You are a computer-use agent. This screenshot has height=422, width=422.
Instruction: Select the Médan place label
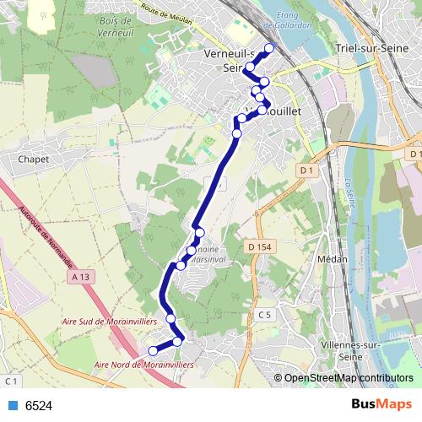333,259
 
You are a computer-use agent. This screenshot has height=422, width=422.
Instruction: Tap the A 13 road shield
81,276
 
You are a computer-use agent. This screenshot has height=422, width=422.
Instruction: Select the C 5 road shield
265,315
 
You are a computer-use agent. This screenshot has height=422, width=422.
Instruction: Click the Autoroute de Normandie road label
42,233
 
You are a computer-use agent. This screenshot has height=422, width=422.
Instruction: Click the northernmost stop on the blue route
270,47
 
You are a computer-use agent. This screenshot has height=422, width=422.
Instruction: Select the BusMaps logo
383,405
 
